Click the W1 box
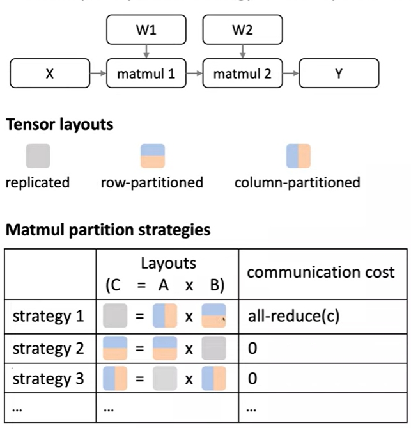pyautogui.click(x=147, y=29)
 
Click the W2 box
pyautogui.click(x=242, y=29)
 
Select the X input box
pyautogui.click(x=49, y=74)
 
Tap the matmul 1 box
pyautogui.click(x=147, y=74)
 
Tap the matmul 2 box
pyautogui.click(x=242, y=74)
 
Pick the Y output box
pyautogui.click(x=339, y=74)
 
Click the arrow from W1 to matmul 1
pyautogui.click(x=147, y=51)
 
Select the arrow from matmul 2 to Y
pyautogui.click(x=291, y=74)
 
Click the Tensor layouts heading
pyautogui.click(x=59, y=125)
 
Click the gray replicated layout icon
pyautogui.click(x=37, y=155)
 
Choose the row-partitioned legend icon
pyautogui.click(x=152, y=155)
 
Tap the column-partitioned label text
pyautogui.click(x=297, y=182)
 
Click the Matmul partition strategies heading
pyautogui.click(x=108, y=230)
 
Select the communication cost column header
pyautogui.click(x=320, y=272)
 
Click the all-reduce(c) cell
pyautogui.click(x=290, y=317)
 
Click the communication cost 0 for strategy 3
pyautogui.click(x=252, y=379)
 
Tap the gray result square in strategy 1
pyautogui.click(x=116, y=317)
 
